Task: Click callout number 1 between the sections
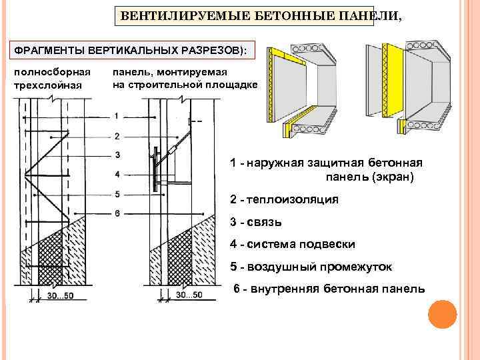click(117, 116)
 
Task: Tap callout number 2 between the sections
click(117, 136)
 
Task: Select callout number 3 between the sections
click(117, 155)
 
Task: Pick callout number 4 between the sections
click(117, 174)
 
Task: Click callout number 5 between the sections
click(117, 194)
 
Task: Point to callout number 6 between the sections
click(117, 213)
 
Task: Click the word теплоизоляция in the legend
click(293, 200)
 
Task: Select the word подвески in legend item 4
click(329, 245)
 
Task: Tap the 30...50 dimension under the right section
click(189, 294)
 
